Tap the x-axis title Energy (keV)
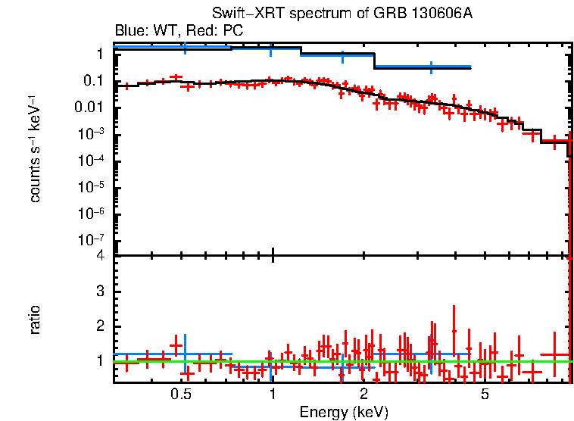344,412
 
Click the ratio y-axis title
35,320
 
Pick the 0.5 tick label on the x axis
180,394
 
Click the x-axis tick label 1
272,394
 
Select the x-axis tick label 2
363,394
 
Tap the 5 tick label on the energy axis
485,394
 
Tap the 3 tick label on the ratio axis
99,292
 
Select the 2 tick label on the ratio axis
99,326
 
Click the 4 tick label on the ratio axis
99,257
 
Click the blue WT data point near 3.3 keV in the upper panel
431,67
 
